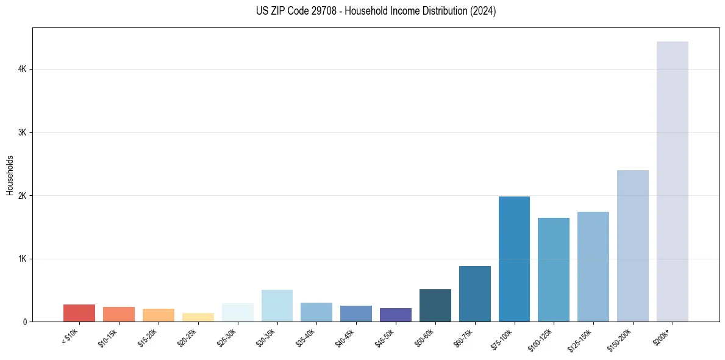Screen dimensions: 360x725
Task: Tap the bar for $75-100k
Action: pos(514,259)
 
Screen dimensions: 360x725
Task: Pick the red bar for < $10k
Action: pos(79,313)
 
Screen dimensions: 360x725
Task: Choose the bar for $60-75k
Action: pos(474,293)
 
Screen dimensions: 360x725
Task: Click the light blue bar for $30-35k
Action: pos(277,306)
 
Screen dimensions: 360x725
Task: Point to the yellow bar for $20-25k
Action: pos(198,317)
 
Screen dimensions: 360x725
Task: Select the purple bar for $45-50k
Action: pos(395,315)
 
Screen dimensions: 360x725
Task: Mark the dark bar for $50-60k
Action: pos(435,305)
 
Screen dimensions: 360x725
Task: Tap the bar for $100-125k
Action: pos(554,270)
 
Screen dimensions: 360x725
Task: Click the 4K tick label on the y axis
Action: pos(23,70)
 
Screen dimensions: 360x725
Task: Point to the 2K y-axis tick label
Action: pos(23,196)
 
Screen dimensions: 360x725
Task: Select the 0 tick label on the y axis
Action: pos(25,322)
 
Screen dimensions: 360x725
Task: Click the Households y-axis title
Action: pos(10,175)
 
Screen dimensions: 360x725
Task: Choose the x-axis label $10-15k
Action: pos(108,337)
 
